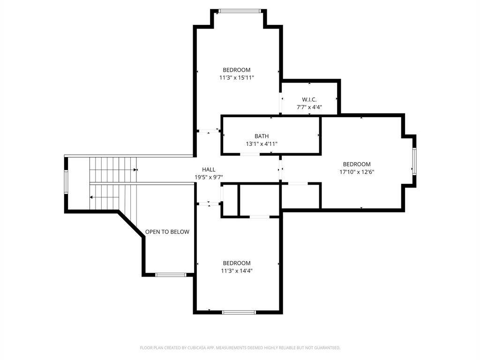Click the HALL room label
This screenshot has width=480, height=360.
tap(209, 169)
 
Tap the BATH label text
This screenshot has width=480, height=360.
tap(262, 136)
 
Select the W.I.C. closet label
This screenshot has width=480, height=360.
tap(309, 99)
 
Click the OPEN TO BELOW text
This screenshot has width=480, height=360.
tap(167, 232)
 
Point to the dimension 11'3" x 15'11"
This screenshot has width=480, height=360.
tap(237, 78)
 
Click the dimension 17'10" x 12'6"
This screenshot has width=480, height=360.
tap(357, 172)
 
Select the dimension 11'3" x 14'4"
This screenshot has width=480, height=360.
tap(237, 270)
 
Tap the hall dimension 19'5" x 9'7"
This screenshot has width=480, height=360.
tap(209, 177)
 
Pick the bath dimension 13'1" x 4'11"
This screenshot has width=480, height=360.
tap(262, 143)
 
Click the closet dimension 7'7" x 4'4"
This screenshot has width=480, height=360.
tap(309, 107)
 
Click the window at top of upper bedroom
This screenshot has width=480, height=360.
tap(239, 11)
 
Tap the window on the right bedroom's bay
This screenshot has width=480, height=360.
tap(414, 161)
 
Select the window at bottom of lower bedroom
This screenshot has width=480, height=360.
tap(239, 312)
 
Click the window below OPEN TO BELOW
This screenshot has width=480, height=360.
tap(171, 275)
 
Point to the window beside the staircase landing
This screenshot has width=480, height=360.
tap(66, 182)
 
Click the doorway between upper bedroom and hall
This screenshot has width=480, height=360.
tap(209, 131)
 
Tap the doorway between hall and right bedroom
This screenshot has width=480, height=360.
tap(280, 169)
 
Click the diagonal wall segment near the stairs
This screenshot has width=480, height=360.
tap(131, 224)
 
